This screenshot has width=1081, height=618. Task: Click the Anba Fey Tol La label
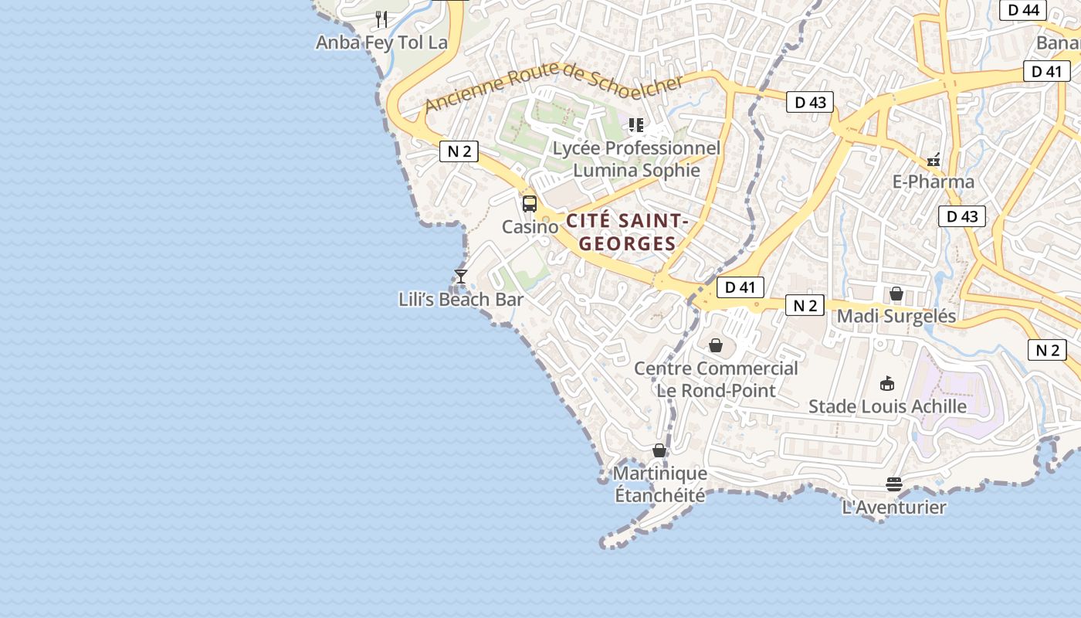pyautogui.click(x=381, y=42)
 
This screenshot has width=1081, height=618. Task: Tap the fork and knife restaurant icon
pyautogui.click(x=381, y=18)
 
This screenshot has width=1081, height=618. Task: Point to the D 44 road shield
pyautogui.click(x=1022, y=10)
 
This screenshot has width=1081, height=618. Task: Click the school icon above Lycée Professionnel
pyautogui.click(x=636, y=124)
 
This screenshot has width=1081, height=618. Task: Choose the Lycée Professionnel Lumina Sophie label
pyautogui.click(x=636, y=159)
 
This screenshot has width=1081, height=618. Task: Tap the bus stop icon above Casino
pyautogui.click(x=530, y=204)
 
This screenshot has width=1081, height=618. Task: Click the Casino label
pyautogui.click(x=530, y=227)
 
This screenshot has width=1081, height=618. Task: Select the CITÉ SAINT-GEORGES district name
pyautogui.click(x=627, y=232)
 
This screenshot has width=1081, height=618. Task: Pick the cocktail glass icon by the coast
pyautogui.click(x=461, y=276)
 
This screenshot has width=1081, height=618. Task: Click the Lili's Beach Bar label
pyautogui.click(x=461, y=300)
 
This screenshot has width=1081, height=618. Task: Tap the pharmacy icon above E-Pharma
pyautogui.click(x=934, y=160)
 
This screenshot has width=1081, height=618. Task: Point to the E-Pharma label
pyautogui.click(x=934, y=182)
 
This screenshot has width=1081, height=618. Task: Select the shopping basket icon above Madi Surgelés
pyautogui.click(x=896, y=294)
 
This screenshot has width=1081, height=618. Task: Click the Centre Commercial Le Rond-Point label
pyautogui.click(x=716, y=379)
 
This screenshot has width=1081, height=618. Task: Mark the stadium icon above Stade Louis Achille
pyautogui.click(x=887, y=383)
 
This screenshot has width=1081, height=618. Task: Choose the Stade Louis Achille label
pyautogui.click(x=887, y=406)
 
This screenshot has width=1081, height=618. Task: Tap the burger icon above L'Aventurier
pyautogui.click(x=894, y=484)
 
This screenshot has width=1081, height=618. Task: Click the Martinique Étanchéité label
pyautogui.click(x=659, y=484)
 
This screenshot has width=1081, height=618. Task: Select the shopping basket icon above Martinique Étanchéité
pyautogui.click(x=659, y=450)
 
